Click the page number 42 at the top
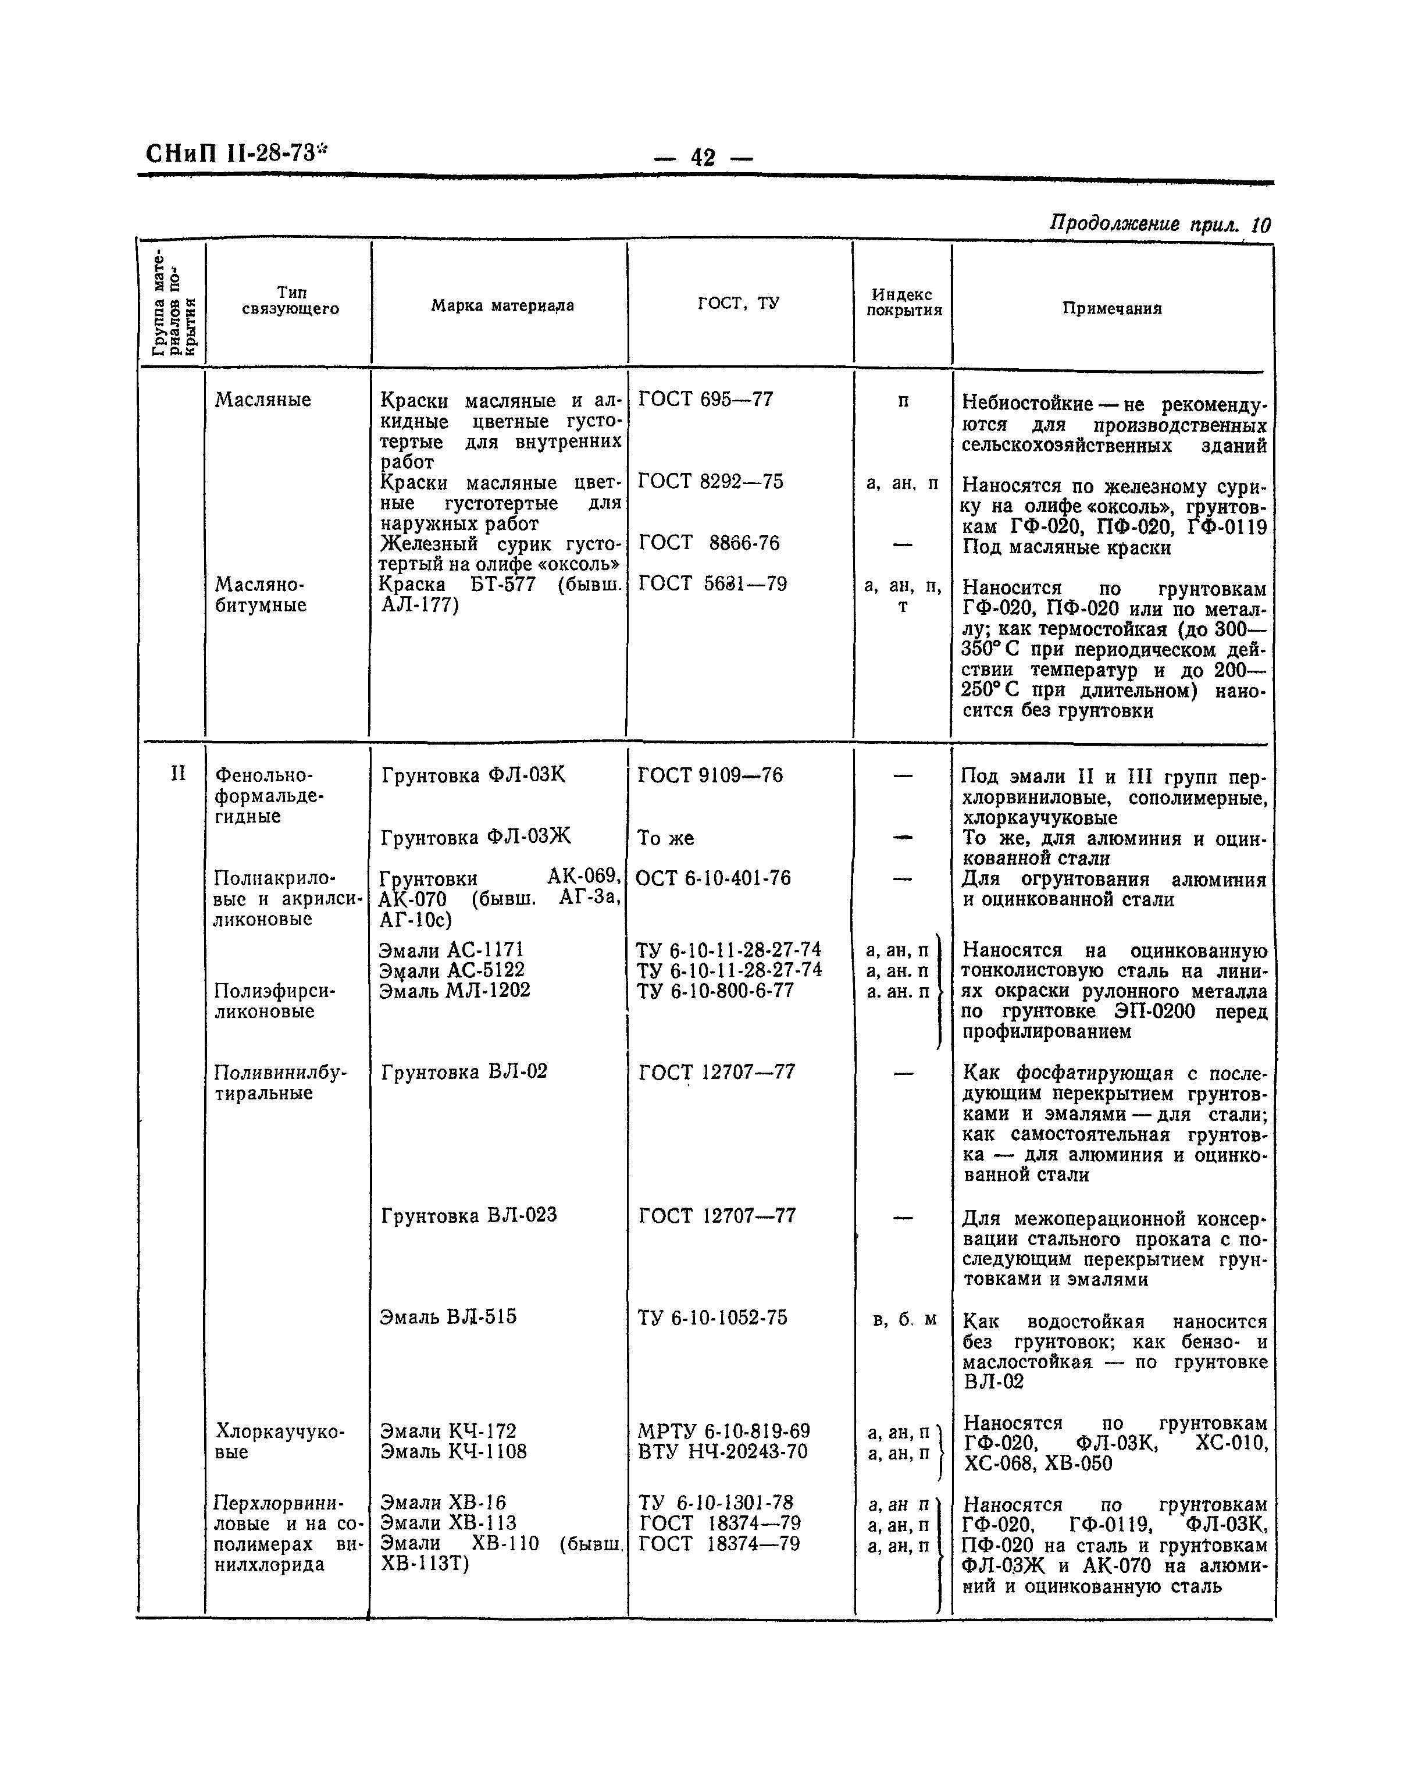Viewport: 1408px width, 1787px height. (x=703, y=156)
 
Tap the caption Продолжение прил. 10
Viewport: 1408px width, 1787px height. (x=1159, y=225)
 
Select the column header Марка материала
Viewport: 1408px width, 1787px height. (x=502, y=306)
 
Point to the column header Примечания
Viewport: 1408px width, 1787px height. (x=1111, y=308)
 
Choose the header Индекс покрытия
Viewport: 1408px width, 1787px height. (x=903, y=302)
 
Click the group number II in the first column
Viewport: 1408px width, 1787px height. (x=178, y=774)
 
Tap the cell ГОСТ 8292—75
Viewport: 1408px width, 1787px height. (x=711, y=482)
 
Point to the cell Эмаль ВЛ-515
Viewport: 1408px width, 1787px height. (x=448, y=1317)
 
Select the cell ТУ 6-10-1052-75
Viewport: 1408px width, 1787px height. (x=712, y=1318)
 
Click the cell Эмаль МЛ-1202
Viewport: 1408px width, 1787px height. (x=454, y=991)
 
